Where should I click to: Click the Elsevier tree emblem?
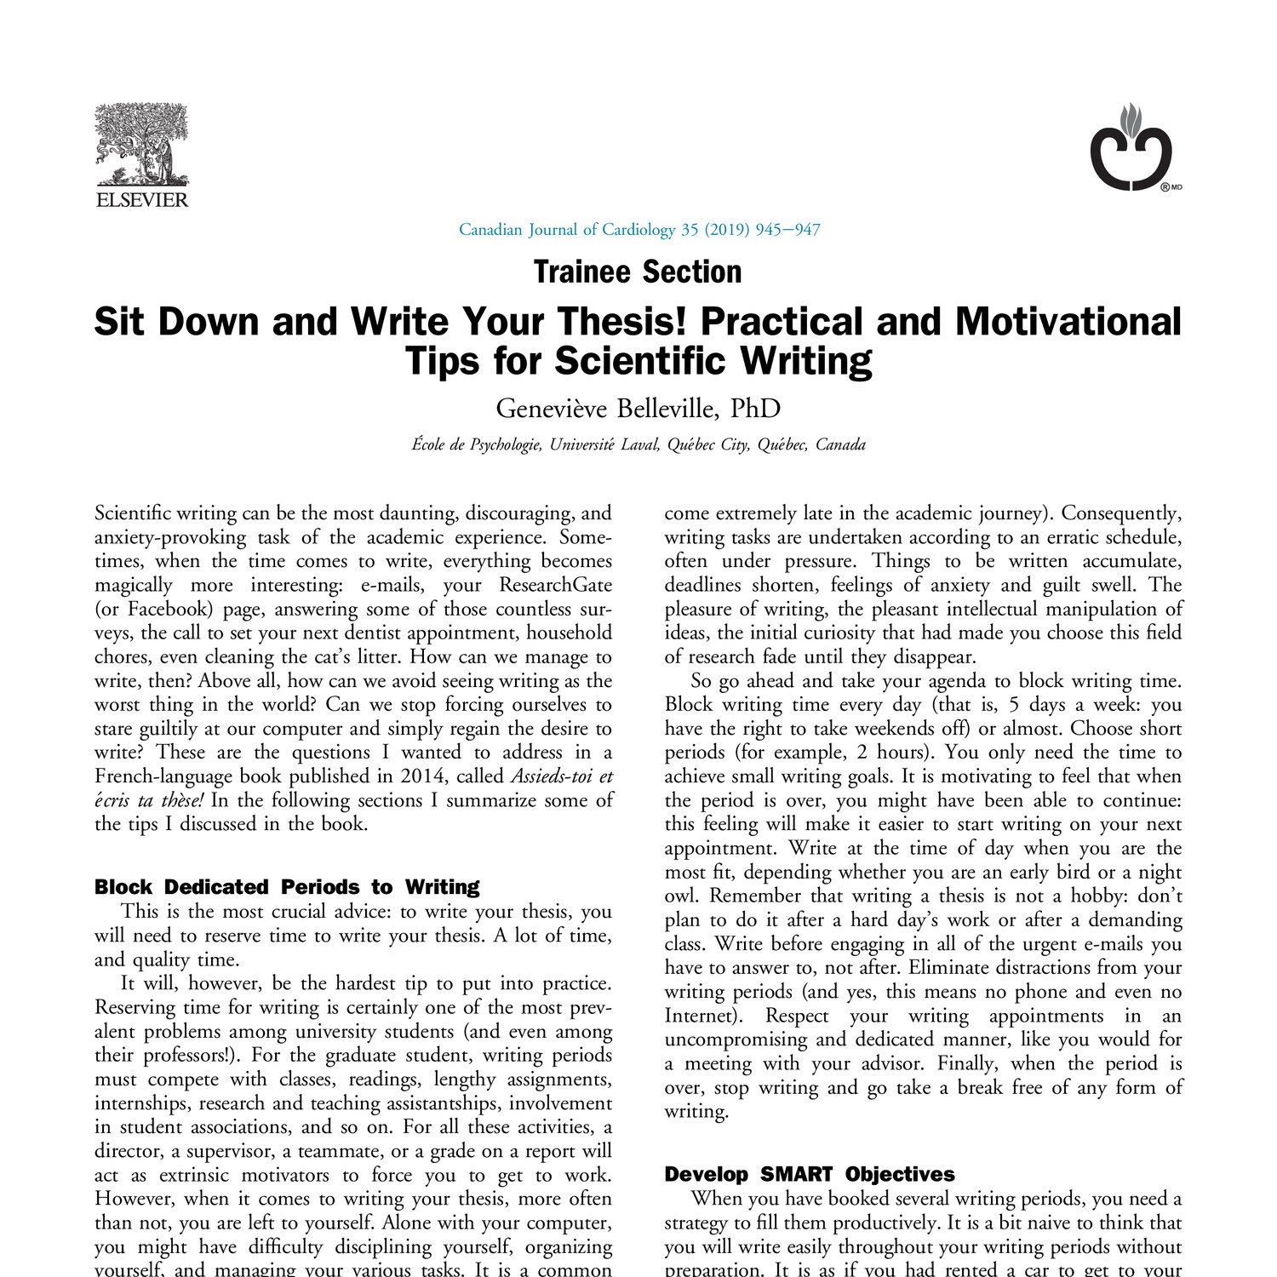pos(141,145)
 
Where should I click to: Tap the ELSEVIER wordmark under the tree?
pos(141,200)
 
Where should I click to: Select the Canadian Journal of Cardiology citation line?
pos(639,229)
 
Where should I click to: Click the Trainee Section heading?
pos(638,272)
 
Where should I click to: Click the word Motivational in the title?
pos(1068,322)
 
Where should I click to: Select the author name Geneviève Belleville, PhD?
pos(638,409)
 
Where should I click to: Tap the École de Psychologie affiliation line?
pos(638,444)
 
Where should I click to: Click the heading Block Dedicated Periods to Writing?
pos(287,887)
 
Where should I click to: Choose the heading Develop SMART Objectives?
pos(809,1175)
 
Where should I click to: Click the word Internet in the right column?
pos(697,1016)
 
